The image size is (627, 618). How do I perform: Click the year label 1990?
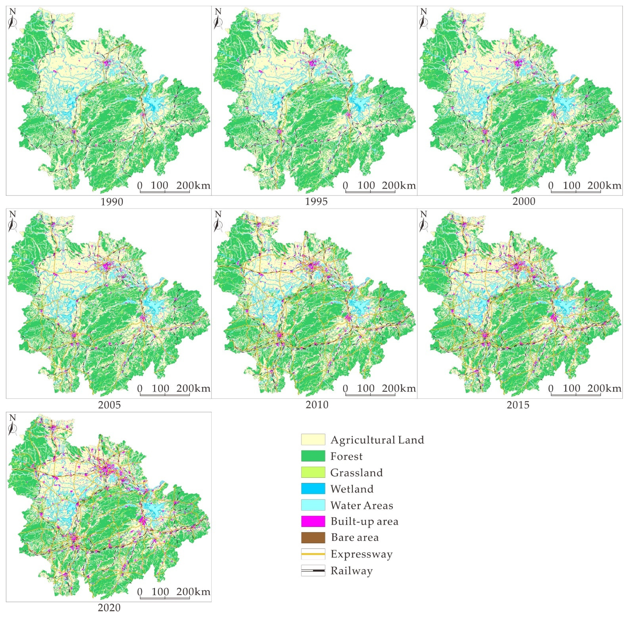pyautogui.click(x=112, y=202)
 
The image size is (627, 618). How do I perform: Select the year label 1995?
pyautogui.click(x=316, y=201)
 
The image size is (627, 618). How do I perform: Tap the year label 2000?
pyautogui.click(x=523, y=201)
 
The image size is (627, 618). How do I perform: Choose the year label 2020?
pyautogui.click(x=109, y=608)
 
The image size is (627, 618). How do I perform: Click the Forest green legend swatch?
pyautogui.click(x=313, y=456)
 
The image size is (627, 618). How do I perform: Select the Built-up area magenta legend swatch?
pyautogui.click(x=313, y=521)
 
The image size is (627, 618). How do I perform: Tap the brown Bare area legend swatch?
pyautogui.click(x=313, y=537)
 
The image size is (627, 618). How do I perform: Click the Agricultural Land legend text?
pyautogui.click(x=377, y=440)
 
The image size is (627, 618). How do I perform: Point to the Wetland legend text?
pyautogui.click(x=352, y=489)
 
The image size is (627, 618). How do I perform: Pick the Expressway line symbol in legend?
pyautogui.click(x=313, y=554)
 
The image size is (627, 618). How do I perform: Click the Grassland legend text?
pyautogui.click(x=356, y=473)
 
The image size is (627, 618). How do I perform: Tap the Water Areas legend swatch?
pyautogui.click(x=313, y=505)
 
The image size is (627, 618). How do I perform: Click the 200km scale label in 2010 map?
pyautogui.click(x=399, y=388)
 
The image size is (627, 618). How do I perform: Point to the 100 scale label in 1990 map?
pyautogui.click(x=159, y=185)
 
